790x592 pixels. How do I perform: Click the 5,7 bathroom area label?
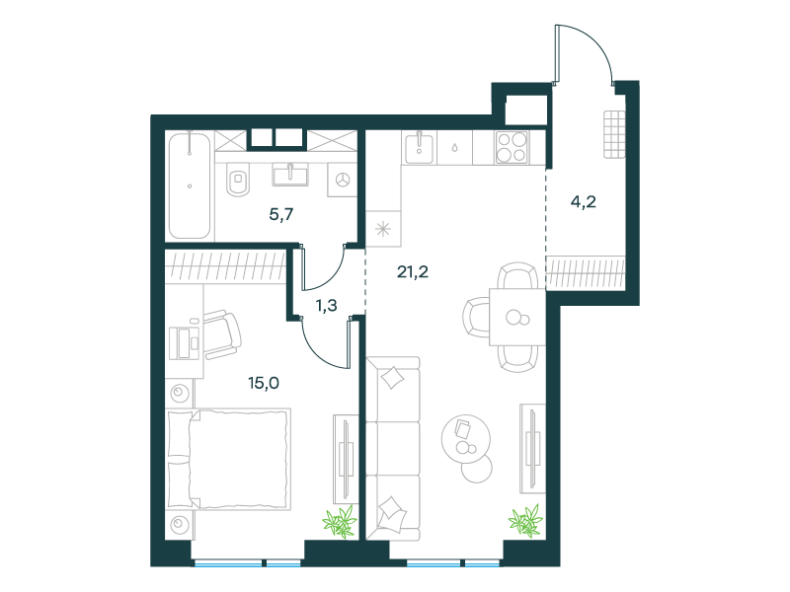pyautogui.click(x=281, y=215)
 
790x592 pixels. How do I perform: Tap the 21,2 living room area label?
pyautogui.click(x=413, y=272)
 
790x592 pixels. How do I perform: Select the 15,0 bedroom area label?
pyautogui.click(x=264, y=383)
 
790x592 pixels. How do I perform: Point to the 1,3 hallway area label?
pyautogui.click(x=327, y=306)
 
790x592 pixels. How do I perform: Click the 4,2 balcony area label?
pyautogui.click(x=584, y=202)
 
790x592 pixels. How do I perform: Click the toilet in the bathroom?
pyautogui.click(x=238, y=180)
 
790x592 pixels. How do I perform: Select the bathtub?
pyautogui.click(x=190, y=185)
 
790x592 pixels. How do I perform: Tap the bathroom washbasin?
pyautogui.click(x=290, y=175)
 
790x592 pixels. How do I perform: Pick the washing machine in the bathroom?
pyautogui.click(x=343, y=180)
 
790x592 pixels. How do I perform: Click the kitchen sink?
pyautogui.click(x=418, y=147)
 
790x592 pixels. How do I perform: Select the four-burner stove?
pyautogui.click(x=512, y=147)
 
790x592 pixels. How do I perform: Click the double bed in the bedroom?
pyautogui.click(x=229, y=459)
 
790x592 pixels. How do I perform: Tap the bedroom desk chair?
pyautogui.click(x=221, y=334)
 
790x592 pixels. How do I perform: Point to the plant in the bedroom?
pyautogui.click(x=340, y=521)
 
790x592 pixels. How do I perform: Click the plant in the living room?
pyautogui.click(x=525, y=520)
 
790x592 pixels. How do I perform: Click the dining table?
pyautogui.click(x=517, y=317)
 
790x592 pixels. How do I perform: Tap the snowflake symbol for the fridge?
pyautogui.click(x=383, y=230)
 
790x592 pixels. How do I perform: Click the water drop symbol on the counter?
pyautogui.click(x=454, y=148)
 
